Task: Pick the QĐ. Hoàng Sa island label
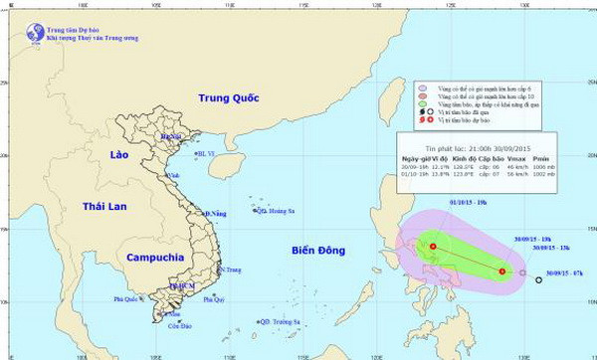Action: [280, 211]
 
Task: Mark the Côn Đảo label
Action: [179, 325]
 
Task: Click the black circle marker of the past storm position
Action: [538, 280]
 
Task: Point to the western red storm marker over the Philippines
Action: [433, 247]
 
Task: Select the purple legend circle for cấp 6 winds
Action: [424, 88]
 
